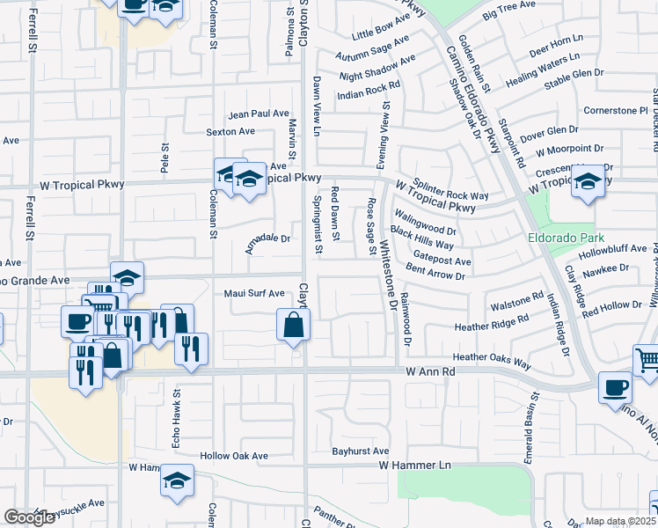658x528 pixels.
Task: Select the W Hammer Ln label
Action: [x=414, y=464]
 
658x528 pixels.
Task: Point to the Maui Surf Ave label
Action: [x=253, y=293]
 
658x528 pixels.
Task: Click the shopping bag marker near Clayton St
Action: [x=294, y=326]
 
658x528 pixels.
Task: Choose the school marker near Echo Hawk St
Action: [x=177, y=481]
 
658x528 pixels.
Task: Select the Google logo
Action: [x=30, y=517]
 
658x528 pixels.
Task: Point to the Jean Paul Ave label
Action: [x=259, y=114]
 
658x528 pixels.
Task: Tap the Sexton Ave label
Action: [x=230, y=132]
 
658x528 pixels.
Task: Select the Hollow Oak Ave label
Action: [x=233, y=456]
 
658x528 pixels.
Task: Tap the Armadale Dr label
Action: [x=268, y=238]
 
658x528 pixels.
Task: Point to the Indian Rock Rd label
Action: [x=369, y=90]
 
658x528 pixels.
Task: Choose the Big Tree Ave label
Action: [x=509, y=11]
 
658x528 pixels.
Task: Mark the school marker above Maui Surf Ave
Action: [x=127, y=278]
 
